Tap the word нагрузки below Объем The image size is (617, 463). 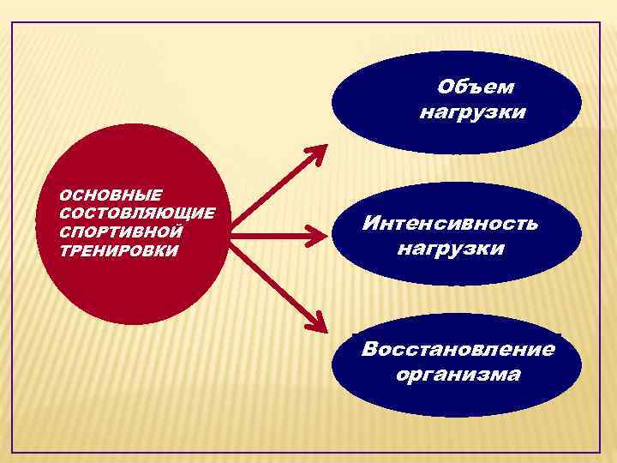pos(472,112)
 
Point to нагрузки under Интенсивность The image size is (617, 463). pos(451,249)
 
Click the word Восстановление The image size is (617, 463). pos(458,350)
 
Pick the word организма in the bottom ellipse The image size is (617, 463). pos(458,375)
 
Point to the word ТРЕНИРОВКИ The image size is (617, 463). pos(119,250)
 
